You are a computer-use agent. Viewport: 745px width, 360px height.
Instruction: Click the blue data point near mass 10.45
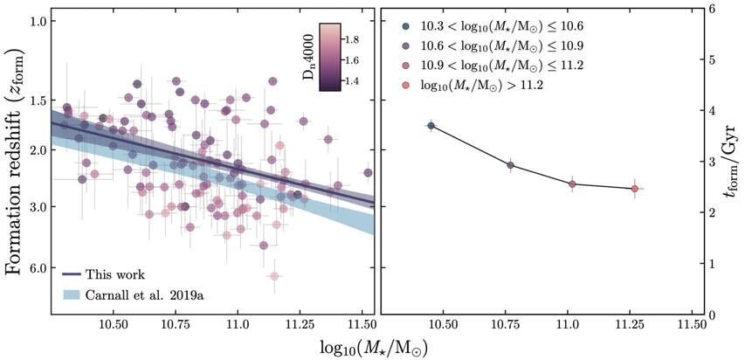pyautogui.click(x=431, y=126)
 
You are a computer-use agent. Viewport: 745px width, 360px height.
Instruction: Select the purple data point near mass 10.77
pyautogui.click(x=511, y=165)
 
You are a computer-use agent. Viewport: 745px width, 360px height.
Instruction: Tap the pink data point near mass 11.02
pyautogui.click(x=572, y=183)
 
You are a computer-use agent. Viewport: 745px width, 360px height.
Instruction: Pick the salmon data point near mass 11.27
pyautogui.click(x=634, y=188)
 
